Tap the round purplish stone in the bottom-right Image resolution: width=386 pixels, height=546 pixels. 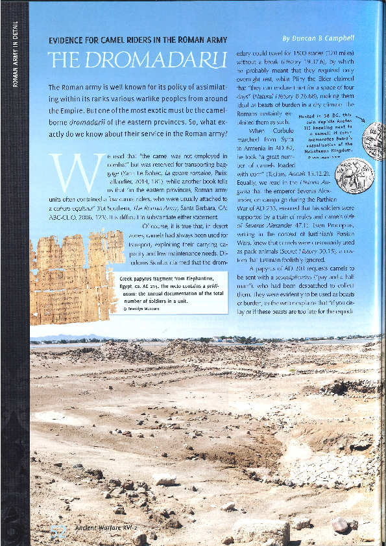tap(341, 524)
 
